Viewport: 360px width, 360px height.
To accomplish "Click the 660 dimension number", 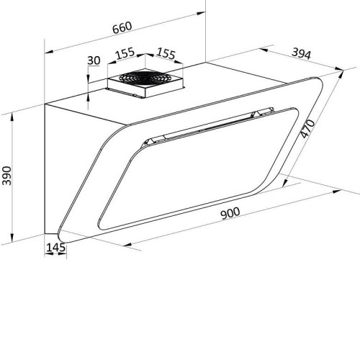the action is pyautogui.click(x=122, y=27).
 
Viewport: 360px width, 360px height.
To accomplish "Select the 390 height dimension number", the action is pyautogui.click(x=6, y=176).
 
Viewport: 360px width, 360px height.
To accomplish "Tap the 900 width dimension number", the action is pyautogui.click(x=230, y=213).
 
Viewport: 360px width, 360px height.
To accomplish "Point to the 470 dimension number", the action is pyautogui.click(x=307, y=129).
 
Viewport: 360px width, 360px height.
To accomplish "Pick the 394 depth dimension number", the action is pyautogui.click(x=301, y=53).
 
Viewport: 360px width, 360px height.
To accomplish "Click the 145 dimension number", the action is pyautogui.click(x=55, y=248).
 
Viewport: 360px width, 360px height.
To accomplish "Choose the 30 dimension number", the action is pyautogui.click(x=94, y=60).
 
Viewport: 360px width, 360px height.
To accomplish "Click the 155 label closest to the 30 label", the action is pyautogui.click(x=125, y=53).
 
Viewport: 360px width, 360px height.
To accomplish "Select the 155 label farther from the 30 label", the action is pyautogui.click(x=166, y=53).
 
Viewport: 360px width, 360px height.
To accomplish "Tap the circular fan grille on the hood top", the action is pyautogui.click(x=143, y=77).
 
